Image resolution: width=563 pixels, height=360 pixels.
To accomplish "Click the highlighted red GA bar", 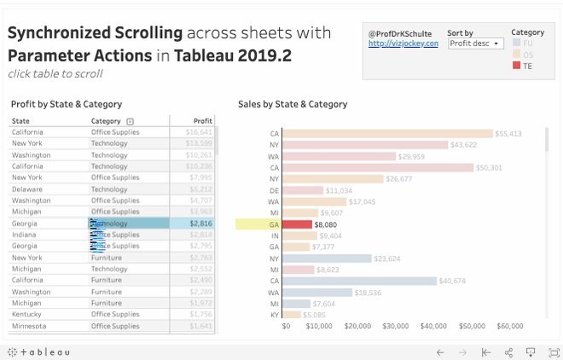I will point(297,224).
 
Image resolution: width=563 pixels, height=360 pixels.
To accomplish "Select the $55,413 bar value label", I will point(508,134).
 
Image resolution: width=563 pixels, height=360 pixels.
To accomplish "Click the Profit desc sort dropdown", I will point(475,44).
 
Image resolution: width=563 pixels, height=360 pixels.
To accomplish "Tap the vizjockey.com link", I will point(403,44).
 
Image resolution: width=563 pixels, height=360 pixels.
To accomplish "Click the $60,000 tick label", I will point(510,326).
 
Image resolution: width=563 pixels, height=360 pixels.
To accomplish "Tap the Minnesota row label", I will point(29,326).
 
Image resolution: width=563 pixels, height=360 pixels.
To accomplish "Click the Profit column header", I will point(203,121).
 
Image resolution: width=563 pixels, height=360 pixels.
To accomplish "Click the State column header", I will point(20,121).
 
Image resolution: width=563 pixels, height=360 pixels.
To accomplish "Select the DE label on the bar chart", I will point(275,190).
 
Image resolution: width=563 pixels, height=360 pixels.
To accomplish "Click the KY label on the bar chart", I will point(275,315).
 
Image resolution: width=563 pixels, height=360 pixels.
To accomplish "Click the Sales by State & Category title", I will point(293,104).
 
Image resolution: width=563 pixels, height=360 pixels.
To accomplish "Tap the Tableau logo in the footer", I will point(39,351).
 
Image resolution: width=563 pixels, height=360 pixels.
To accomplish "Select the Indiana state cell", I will point(24,235).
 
